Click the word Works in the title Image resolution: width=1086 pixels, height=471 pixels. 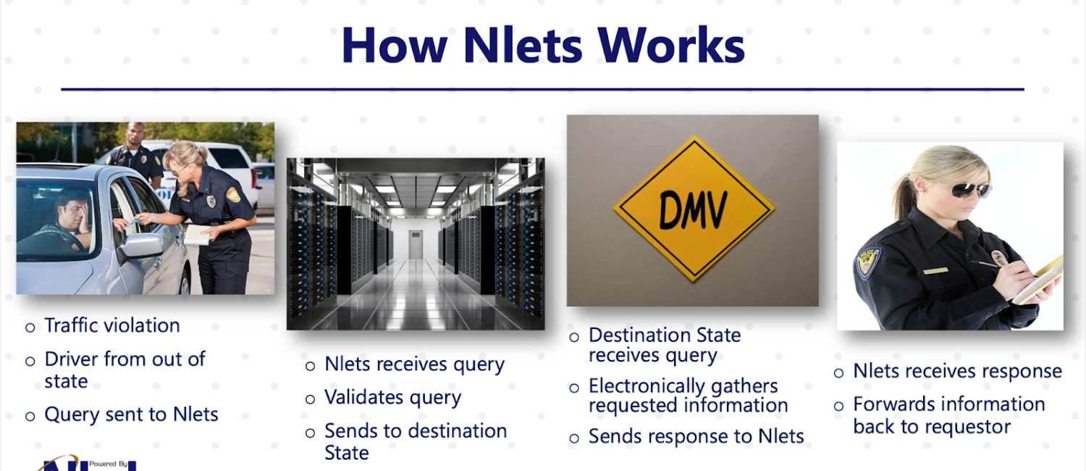(x=671, y=45)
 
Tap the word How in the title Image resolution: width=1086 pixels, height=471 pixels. (x=394, y=45)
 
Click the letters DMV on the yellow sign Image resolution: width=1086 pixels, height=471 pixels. (x=694, y=209)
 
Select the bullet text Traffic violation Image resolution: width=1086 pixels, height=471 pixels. (x=112, y=325)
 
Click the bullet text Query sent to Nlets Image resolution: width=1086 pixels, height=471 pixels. (x=131, y=414)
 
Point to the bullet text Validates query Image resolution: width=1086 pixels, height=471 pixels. (x=392, y=398)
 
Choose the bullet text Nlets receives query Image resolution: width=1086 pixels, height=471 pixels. (x=415, y=364)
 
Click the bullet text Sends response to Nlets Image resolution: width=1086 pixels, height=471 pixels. (x=696, y=436)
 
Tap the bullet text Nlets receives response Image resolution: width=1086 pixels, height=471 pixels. (x=958, y=371)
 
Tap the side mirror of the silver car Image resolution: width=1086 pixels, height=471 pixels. (x=141, y=246)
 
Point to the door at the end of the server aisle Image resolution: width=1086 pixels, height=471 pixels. (x=416, y=244)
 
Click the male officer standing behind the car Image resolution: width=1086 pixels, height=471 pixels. (x=135, y=155)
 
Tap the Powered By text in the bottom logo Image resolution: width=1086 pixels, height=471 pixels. (x=108, y=464)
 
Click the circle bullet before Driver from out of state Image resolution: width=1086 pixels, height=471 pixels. (x=30, y=362)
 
